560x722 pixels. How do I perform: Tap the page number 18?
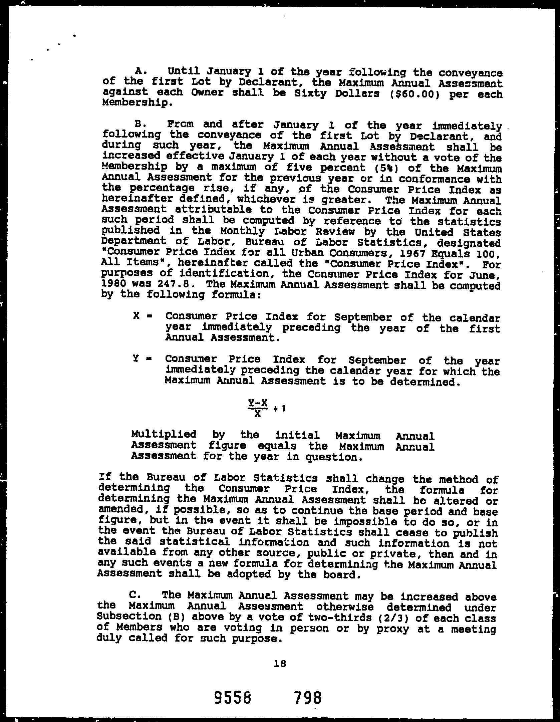(280, 664)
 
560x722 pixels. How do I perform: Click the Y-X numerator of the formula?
(258, 403)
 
